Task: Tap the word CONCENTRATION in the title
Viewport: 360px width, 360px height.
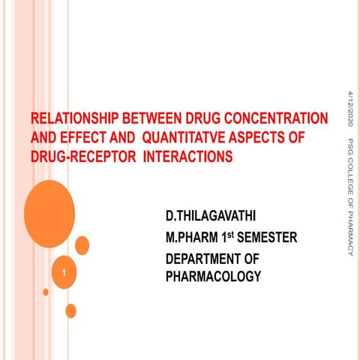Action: tap(277, 119)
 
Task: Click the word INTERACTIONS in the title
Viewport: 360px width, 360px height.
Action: tap(187, 157)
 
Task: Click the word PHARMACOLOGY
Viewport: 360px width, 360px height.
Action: tap(214, 277)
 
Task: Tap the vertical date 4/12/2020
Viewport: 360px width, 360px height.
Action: tap(349, 110)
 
